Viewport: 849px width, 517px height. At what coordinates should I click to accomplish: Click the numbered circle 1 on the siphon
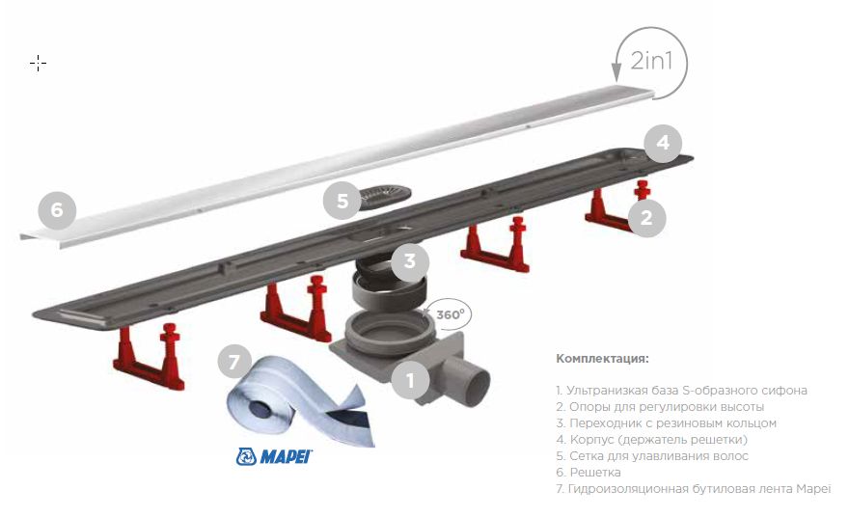[410, 380]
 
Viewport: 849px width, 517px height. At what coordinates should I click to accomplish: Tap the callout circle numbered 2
[646, 218]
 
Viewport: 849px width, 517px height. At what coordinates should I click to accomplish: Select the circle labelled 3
[410, 260]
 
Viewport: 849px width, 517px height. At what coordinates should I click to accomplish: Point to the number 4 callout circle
[663, 144]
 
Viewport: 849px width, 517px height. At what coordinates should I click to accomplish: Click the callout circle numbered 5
[342, 202]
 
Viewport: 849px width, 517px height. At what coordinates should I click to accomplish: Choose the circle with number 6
[57, 208]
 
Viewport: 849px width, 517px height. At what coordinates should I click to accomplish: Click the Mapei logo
[275, 455]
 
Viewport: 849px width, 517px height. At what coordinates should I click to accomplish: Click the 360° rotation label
[450, 314]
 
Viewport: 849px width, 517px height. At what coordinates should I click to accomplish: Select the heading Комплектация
[602, 359]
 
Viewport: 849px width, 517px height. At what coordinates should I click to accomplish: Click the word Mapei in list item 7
[811, 489]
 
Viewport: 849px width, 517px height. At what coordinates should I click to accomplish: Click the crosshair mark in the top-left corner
[38, 63]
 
